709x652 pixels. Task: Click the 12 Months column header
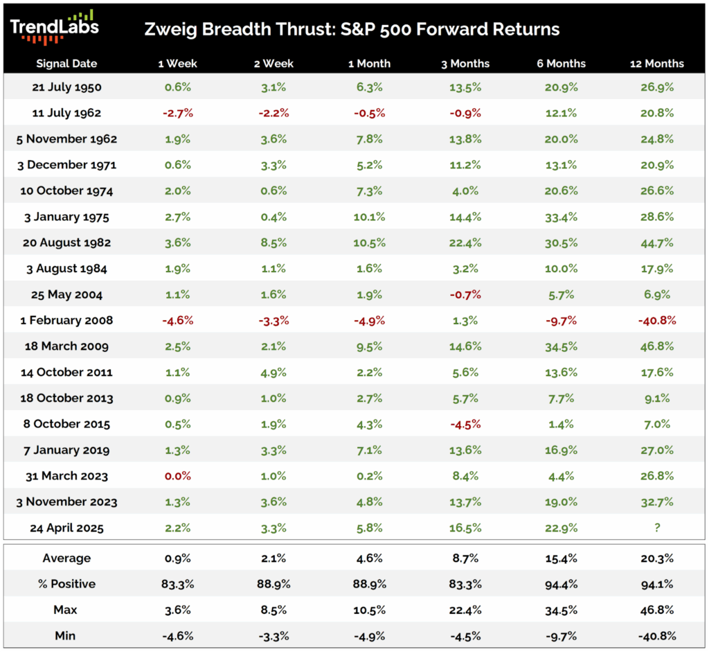[656, 63]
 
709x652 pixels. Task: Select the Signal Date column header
[66, 63]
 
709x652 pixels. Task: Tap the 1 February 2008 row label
[66, 320]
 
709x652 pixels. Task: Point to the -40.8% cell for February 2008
[656, 320]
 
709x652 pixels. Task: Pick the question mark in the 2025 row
[656, 528]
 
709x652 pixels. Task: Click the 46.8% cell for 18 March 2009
[656, 346]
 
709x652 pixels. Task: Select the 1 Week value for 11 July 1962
[177, 113]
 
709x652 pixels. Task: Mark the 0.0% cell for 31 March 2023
[177, 476]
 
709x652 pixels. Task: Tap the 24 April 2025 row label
[66, 528]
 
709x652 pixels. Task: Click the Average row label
[66, 558]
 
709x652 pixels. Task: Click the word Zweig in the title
[170, 30]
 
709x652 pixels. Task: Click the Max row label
[66, 610]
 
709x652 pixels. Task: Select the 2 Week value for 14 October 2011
[273, 372]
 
